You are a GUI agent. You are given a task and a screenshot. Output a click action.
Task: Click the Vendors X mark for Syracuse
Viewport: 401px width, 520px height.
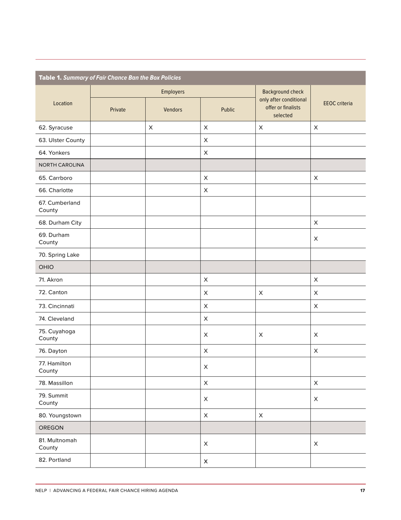click(151, 127)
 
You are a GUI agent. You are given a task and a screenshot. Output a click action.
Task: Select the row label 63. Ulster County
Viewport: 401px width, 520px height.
click(62, 140)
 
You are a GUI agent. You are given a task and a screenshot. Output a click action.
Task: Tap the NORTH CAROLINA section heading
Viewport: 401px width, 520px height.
click(62, 165)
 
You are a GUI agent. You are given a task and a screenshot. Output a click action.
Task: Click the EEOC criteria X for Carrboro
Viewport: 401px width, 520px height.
click(316, 178)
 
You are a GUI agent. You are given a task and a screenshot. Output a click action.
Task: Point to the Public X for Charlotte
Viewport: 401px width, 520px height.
click(206, 190)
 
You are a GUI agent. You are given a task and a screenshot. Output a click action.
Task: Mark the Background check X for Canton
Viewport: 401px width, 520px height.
click(261, 293)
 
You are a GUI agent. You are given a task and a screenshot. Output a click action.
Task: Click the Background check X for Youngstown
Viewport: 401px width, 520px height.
click(261, 416)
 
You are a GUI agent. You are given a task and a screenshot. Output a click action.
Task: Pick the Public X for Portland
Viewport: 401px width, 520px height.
click(206, 462)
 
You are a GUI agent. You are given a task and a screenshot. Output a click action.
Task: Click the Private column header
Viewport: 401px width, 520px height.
click(118, 109)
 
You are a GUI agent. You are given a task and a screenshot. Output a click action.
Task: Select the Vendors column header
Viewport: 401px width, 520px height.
click(173, 109)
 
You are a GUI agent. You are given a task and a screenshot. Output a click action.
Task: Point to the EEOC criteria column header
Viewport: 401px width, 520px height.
click(338, 103)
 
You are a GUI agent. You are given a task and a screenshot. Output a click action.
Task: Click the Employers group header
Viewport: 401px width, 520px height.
click(173, 92)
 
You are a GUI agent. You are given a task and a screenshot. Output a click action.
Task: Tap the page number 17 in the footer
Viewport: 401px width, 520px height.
click(363, 491)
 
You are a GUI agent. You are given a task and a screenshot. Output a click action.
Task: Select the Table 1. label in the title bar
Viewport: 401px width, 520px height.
click(50, 78)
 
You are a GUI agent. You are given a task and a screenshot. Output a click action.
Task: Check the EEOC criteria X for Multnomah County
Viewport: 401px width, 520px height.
click(316, 444)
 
